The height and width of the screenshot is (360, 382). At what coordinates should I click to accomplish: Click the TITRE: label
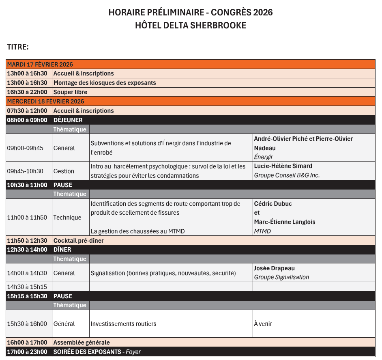[18, 47]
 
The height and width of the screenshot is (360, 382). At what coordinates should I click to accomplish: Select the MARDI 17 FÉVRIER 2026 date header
[40, 64]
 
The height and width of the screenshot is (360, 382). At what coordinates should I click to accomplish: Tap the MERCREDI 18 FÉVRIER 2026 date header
[45, 101]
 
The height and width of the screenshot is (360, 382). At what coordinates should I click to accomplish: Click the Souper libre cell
[70, 92]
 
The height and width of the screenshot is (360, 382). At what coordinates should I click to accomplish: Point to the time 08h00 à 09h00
[27, 120]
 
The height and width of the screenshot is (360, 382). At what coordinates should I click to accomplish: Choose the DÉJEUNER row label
[68, 120]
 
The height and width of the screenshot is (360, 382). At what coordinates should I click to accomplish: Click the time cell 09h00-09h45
[25, 148]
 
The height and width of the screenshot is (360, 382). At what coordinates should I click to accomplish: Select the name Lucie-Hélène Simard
[283, 166]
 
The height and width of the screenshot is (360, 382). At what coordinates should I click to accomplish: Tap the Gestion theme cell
[64, 171]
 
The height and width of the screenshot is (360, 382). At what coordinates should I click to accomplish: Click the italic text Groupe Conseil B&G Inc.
[287, 176]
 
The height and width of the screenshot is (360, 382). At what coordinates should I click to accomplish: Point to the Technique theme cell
[67, 218]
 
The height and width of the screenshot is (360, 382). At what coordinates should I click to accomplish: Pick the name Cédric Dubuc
[273, 204]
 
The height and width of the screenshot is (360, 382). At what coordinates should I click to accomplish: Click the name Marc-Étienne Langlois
[284, 222]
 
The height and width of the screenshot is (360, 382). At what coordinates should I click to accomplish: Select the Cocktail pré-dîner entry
[78, 241]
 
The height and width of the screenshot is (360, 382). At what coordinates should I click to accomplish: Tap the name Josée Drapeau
[274, 268]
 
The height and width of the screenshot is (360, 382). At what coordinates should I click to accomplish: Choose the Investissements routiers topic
[123, 324]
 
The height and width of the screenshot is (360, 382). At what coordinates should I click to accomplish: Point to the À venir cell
[263, 324]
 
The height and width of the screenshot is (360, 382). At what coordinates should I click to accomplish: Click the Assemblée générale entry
[82, 343]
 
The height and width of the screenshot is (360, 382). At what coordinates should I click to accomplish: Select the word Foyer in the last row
[133, 352]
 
